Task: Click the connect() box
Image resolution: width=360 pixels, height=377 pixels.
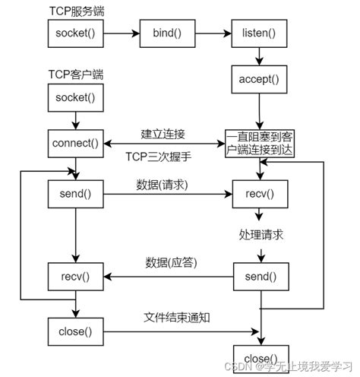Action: (x=74, y=143)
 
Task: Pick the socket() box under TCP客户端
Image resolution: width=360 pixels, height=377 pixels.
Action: (x=74, y=97)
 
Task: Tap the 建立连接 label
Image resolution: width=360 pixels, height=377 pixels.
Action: (x=163, y=134)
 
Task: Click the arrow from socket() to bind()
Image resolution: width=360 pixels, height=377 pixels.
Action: (x=121, y=34)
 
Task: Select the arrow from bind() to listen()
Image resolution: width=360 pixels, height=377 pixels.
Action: (x=214, y=34)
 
